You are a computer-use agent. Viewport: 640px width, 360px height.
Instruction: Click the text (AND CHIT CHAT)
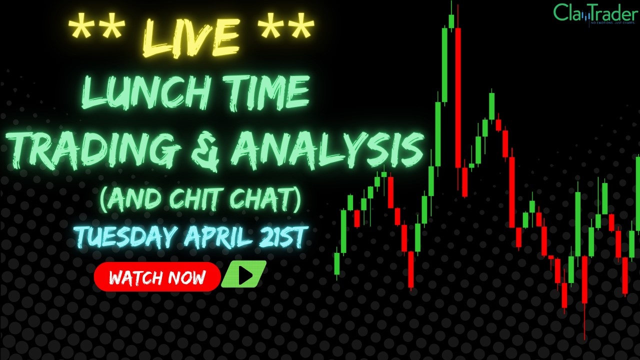click(200, 199)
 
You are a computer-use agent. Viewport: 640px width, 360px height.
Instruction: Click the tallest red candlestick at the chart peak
click(458, 97)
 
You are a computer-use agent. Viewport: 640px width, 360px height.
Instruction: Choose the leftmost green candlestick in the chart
click(337, 263)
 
